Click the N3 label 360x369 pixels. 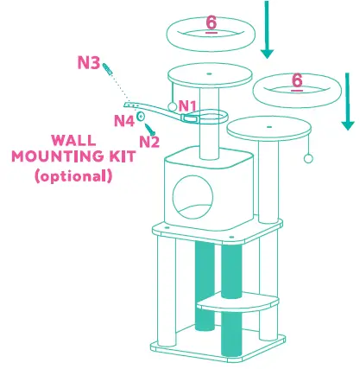point(88,63)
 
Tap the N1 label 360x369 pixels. point(188,105)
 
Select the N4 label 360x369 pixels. point(124,121)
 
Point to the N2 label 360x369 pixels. point(149,142)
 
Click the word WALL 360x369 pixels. point(73,140)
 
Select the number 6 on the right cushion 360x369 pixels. point(297,80)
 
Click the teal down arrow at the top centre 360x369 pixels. point(267,30)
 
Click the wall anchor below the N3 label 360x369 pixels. point(108,71)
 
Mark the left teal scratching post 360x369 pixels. point(204,285)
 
